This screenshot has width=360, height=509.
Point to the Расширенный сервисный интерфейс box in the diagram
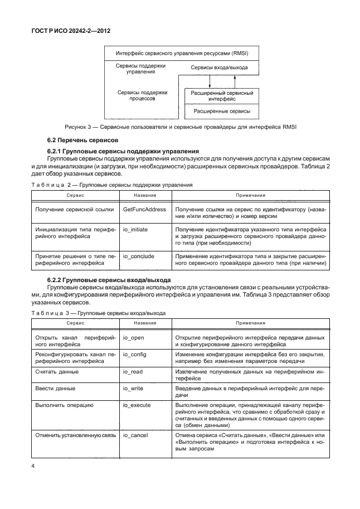tap(222, 95)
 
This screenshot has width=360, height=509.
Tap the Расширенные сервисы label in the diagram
tap(222, 112)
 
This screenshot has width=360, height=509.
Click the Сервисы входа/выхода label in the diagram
tap(219, 67)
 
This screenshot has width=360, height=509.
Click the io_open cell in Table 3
tap(133, 338)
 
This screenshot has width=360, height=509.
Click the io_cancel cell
tap(135, 435)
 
